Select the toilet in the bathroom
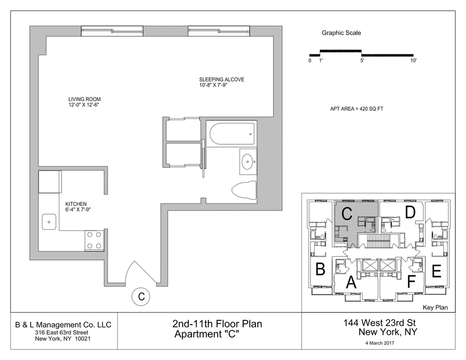[244, 190]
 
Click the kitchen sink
[49, 221]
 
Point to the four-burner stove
[94, 241]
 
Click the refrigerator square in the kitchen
[49, 182]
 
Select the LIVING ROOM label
[84, 99]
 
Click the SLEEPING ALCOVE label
[222, 80]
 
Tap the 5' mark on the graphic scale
[362, 61]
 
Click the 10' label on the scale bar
[413, 61]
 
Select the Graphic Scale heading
[341, 33]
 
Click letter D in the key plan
[410, 212]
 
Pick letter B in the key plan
[320, 269]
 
